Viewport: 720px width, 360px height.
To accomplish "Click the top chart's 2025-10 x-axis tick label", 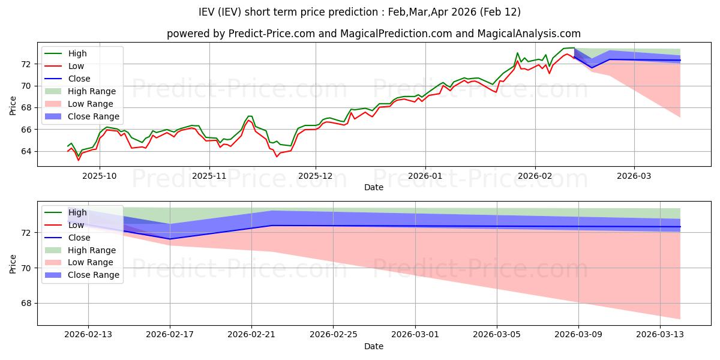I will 99,176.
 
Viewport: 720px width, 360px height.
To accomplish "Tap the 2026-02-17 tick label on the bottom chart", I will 170,335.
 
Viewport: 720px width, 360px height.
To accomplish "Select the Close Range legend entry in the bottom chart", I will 94,275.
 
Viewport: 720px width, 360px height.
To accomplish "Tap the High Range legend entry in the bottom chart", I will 92,250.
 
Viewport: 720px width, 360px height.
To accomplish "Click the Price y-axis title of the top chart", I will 13,105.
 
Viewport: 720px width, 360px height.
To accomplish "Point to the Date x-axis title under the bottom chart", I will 374,346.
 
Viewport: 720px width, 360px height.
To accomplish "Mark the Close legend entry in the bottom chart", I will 79,237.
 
